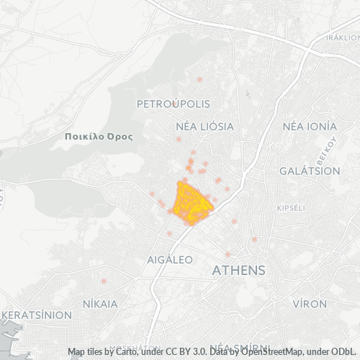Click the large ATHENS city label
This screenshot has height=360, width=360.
pos(239,271)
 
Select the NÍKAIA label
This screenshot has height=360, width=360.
pos(100,303)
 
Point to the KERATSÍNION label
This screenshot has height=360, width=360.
pos(36,315)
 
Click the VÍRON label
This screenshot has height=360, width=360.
pos(310,304)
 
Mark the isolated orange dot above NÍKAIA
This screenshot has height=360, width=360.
pos(104,280)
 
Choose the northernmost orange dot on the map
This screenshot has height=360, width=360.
pos(199,78)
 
